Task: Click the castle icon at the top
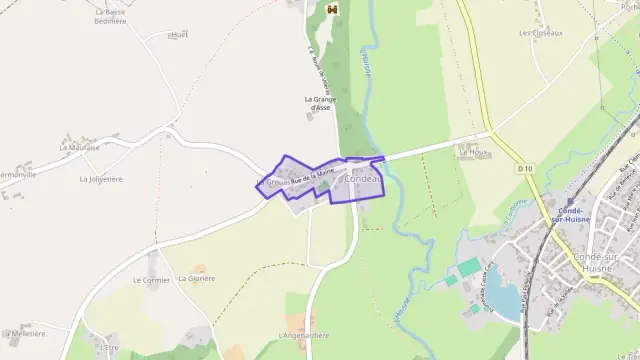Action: (332, 9)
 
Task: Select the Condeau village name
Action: (363, 178)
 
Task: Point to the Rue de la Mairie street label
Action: (311, 177)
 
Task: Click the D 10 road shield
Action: (525, 169)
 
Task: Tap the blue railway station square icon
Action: (570, 200)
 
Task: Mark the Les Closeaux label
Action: (541, 33)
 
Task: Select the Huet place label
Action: (179, 34)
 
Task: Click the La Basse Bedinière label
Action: (111, 16)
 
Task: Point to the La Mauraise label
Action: (79, 147)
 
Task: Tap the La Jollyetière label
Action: (100, 179)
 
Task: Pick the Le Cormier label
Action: (151, 280)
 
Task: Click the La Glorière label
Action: (197, 278)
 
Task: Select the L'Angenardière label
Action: (304, 335)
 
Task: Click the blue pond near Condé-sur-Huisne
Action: (506, 297)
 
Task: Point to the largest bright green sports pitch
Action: (469, 267)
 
